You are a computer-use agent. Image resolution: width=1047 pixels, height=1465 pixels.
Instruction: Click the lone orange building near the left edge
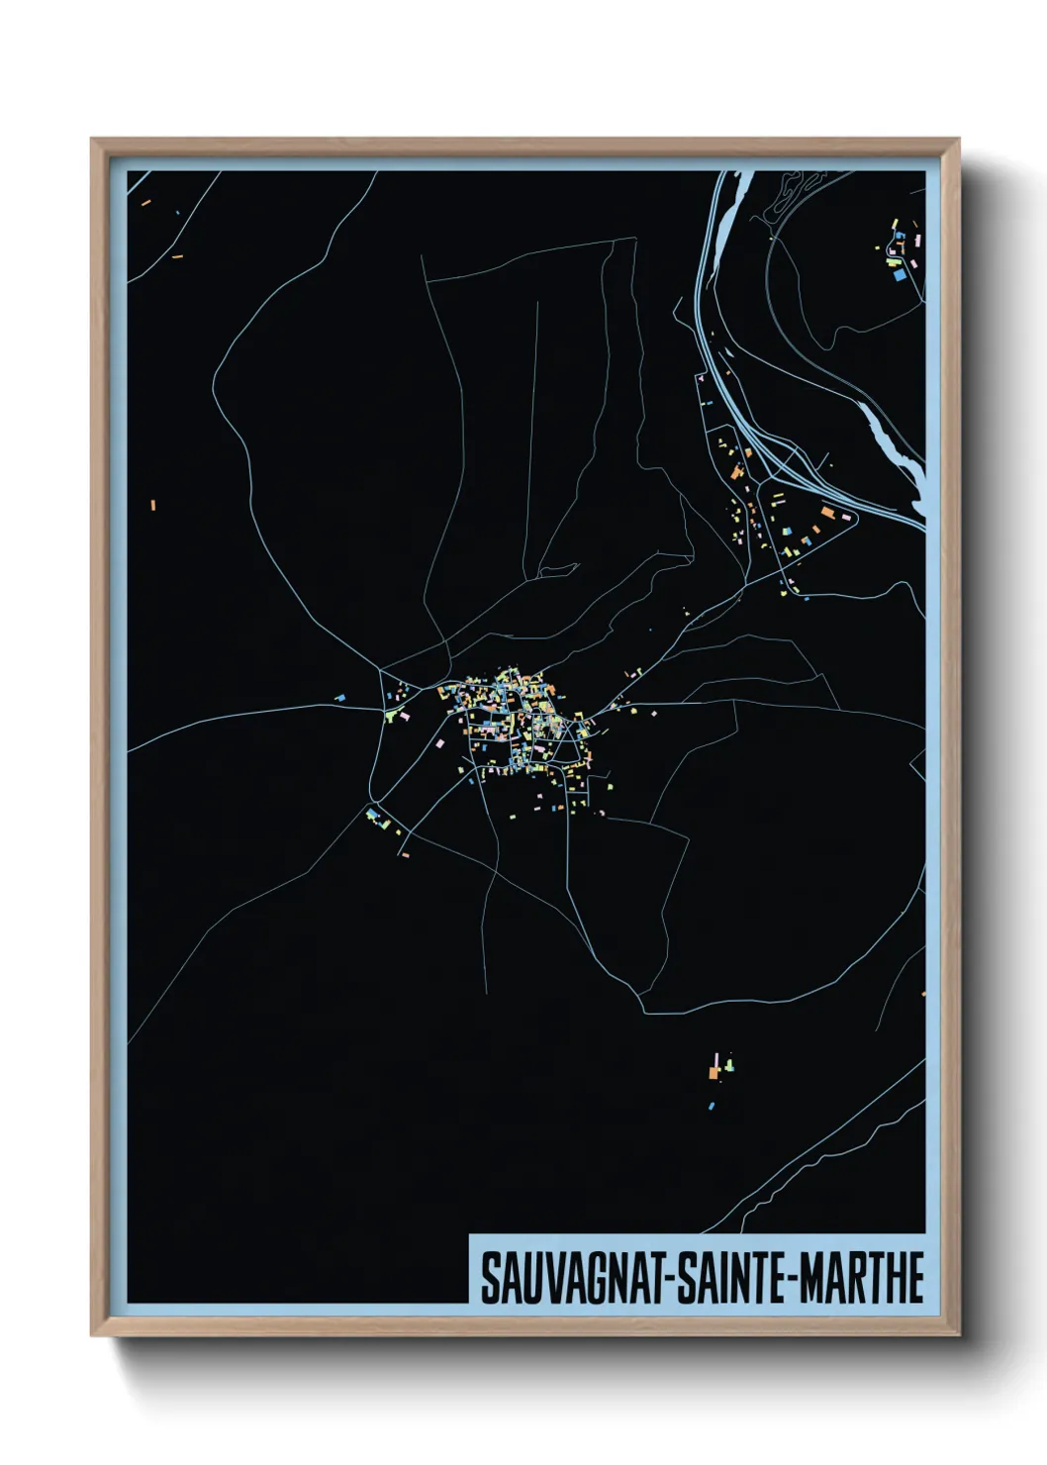(x=153, y=506)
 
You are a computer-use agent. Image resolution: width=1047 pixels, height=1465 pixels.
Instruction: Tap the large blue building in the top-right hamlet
(x=900, y=275)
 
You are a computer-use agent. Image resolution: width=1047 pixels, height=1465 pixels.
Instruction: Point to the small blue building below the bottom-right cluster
(x=711, y=1105)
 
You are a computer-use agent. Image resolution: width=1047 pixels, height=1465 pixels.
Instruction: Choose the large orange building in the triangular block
(x=827, y=512)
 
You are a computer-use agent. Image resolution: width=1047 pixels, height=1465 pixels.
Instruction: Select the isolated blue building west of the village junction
(x=339, y=698)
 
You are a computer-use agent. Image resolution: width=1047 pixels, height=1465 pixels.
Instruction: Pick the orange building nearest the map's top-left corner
(x=145, y=203)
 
